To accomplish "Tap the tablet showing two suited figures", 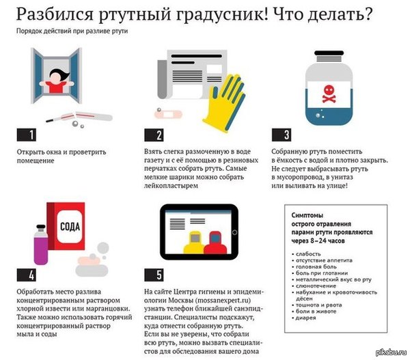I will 203,236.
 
